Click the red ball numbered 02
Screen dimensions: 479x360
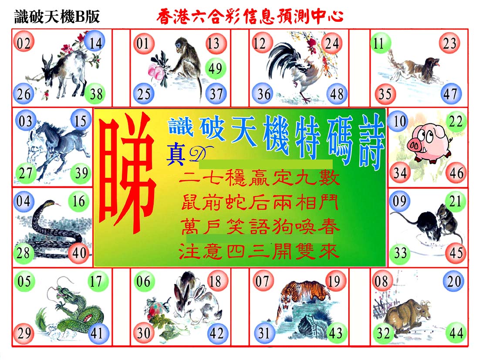pos(24,43)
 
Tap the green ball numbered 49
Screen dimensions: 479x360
pos(216,68)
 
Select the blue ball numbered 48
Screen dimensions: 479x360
pos(337,94)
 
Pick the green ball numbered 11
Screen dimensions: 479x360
pos(380,43)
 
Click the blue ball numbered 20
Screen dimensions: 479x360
pos(454,281)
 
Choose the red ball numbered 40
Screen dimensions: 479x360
pos(79,253)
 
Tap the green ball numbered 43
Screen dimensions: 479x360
pos(336,333)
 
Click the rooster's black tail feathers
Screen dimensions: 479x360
pos(281,58)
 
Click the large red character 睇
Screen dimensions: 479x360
pos(127,173)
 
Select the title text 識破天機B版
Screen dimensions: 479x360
pos(57,17)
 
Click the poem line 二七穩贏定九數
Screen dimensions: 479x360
pos(259,178)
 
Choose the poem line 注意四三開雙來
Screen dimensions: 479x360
pos(259,252)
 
